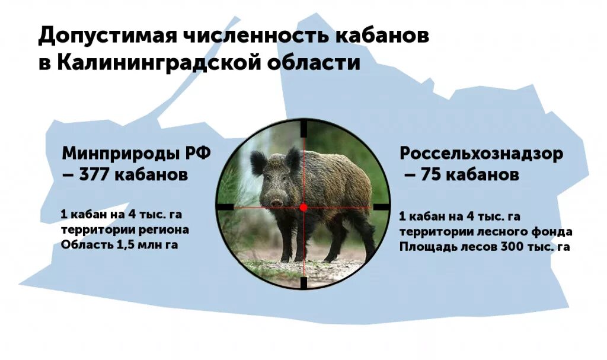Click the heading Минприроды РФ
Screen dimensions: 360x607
tap(136, 154)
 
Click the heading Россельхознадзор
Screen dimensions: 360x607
tap(481, 154)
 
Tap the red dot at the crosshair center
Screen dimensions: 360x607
tap(303, 207)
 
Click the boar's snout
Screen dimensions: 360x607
tap(277, 202)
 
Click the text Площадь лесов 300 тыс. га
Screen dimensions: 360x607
tap(484, 247)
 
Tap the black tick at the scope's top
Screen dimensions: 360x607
tap(303, 128)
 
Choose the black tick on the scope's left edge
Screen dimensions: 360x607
tap(225, 207)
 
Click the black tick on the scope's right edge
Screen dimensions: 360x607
tap(382, 207)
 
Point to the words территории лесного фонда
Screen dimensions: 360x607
tap(485, 232)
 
